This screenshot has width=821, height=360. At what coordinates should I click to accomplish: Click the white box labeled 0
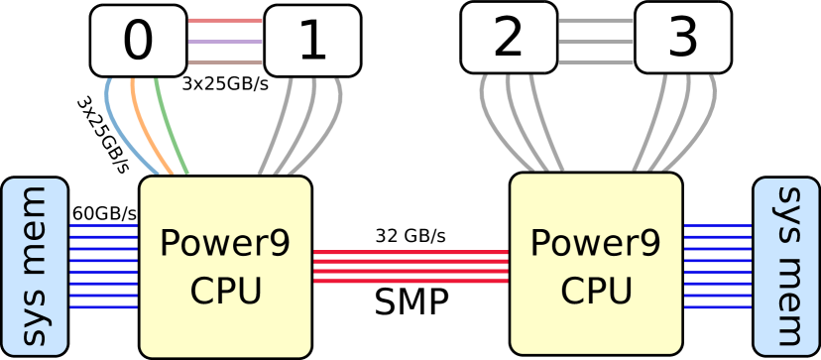(138, 41)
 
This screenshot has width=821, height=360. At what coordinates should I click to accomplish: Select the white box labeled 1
(312, 42)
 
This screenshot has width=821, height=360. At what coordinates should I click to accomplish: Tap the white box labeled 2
(509, 38)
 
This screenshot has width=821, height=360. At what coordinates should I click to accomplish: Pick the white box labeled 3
(683, 38)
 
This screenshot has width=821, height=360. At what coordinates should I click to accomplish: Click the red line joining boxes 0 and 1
(225, 20)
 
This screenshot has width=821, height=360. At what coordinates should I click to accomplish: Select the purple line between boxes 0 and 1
(225, 42)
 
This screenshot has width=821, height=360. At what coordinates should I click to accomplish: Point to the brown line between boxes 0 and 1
(225, 62)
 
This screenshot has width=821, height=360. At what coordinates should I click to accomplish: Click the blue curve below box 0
(116, 124)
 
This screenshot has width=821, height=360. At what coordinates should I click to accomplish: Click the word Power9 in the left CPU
(225, 243)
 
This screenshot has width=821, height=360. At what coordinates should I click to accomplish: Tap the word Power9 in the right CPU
(596, 243)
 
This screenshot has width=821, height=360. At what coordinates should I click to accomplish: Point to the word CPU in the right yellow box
(596, 292)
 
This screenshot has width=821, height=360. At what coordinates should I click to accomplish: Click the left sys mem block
(35, 266)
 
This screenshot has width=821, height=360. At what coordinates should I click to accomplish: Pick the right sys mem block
(786, 266)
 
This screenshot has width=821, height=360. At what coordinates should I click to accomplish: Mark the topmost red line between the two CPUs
(410, 252)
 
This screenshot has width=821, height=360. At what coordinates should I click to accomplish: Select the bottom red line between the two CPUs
(410, 282)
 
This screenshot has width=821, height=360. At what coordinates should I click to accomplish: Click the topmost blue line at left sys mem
(103, 226)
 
